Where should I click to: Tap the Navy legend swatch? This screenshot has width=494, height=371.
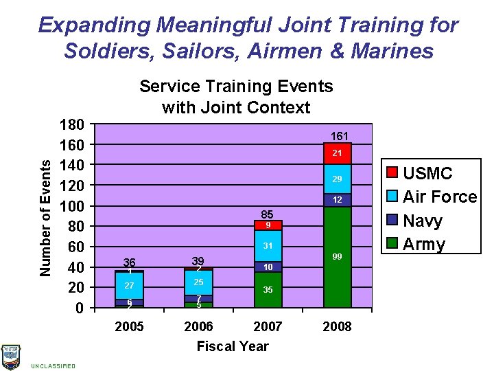393,221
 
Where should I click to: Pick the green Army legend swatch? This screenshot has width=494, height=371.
393,244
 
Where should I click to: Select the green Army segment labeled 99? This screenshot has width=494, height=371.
337,256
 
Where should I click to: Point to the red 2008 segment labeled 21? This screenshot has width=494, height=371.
337,154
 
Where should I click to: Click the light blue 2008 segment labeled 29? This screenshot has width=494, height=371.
337,179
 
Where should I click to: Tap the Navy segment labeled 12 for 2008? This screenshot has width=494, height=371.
337,200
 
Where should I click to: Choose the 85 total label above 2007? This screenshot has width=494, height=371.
268,214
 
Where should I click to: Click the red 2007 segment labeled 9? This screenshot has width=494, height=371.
268,225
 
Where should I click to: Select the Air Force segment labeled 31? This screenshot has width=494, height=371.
268,246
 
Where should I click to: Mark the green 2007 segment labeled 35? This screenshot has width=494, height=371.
268,289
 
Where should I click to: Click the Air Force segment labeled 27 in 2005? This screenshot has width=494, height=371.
129,285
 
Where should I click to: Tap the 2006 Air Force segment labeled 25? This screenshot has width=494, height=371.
198,282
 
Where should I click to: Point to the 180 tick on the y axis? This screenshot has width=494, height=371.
71,125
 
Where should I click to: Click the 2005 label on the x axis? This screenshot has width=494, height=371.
129,326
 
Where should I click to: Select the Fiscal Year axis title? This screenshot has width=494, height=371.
233,346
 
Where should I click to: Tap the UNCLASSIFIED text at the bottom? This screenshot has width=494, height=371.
53,366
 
